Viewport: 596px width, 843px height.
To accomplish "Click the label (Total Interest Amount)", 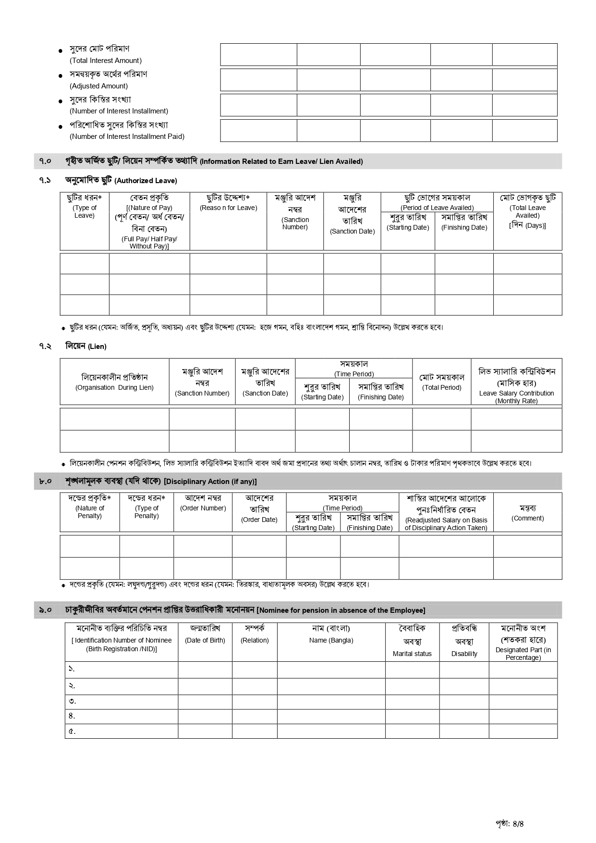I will point(106,61).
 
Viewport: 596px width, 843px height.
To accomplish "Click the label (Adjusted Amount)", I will point(98,86).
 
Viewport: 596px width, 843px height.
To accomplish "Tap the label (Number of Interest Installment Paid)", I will point(127,136).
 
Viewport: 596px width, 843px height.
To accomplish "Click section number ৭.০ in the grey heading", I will point(45,161).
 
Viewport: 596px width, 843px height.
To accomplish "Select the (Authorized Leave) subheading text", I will point(146,181).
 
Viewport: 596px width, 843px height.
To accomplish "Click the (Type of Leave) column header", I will point(85,211).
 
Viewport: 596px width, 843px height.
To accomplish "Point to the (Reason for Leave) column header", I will point(228,208).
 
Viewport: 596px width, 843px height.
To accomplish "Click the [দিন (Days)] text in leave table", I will point(527,225).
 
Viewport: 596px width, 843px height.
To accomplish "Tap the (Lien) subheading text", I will point(97,347).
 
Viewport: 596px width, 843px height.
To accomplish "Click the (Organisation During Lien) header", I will point(114,387).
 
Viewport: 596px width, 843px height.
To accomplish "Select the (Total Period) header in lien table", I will point(441,387).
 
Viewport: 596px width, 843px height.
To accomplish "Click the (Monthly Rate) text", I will point(516,401).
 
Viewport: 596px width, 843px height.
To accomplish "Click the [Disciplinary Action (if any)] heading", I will point(210,482).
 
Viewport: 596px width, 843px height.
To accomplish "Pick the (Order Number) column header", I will point(203,508).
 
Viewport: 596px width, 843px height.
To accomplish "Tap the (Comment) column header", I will point(527,518).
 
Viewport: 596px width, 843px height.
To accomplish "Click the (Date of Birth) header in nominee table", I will point(205,640).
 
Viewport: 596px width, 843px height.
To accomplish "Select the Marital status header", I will point(412,654).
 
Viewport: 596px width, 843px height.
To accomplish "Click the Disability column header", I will point(464,654).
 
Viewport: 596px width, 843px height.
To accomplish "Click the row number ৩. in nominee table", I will point(72,701).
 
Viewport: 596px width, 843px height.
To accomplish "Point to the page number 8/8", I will point(518,823).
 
